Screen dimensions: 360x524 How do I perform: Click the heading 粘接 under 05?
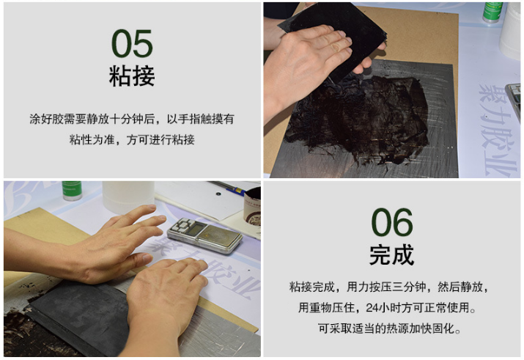(x=132, y=76)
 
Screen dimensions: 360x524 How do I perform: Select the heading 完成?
(x=391, y=255)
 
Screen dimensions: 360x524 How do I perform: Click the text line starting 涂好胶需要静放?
(x=132, y=118)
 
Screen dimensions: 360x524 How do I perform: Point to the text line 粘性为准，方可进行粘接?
(x=132, y=139)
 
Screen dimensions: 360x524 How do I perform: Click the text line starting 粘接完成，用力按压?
(x=391, y=287)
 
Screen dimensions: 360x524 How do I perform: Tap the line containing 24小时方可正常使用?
(x=391, y=307)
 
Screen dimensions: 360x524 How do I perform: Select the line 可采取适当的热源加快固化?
(x=391, y=328)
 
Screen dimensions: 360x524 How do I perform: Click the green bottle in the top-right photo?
(x=492, y=12)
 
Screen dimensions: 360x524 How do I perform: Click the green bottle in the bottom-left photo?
(x=72, y=191)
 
